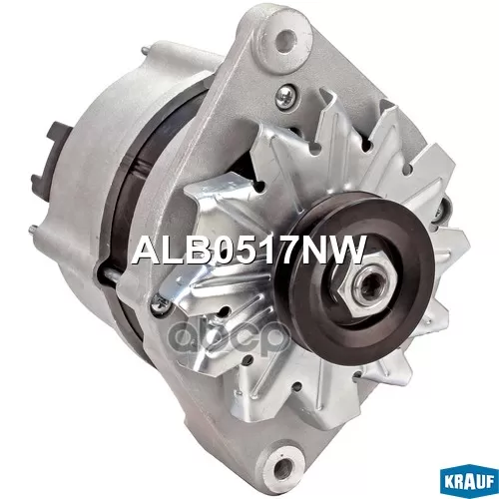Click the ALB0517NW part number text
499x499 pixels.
(x=248, y=249)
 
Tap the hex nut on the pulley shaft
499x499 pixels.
(x=366, y=281)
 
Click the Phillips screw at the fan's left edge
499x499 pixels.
(x=160, y=302)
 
